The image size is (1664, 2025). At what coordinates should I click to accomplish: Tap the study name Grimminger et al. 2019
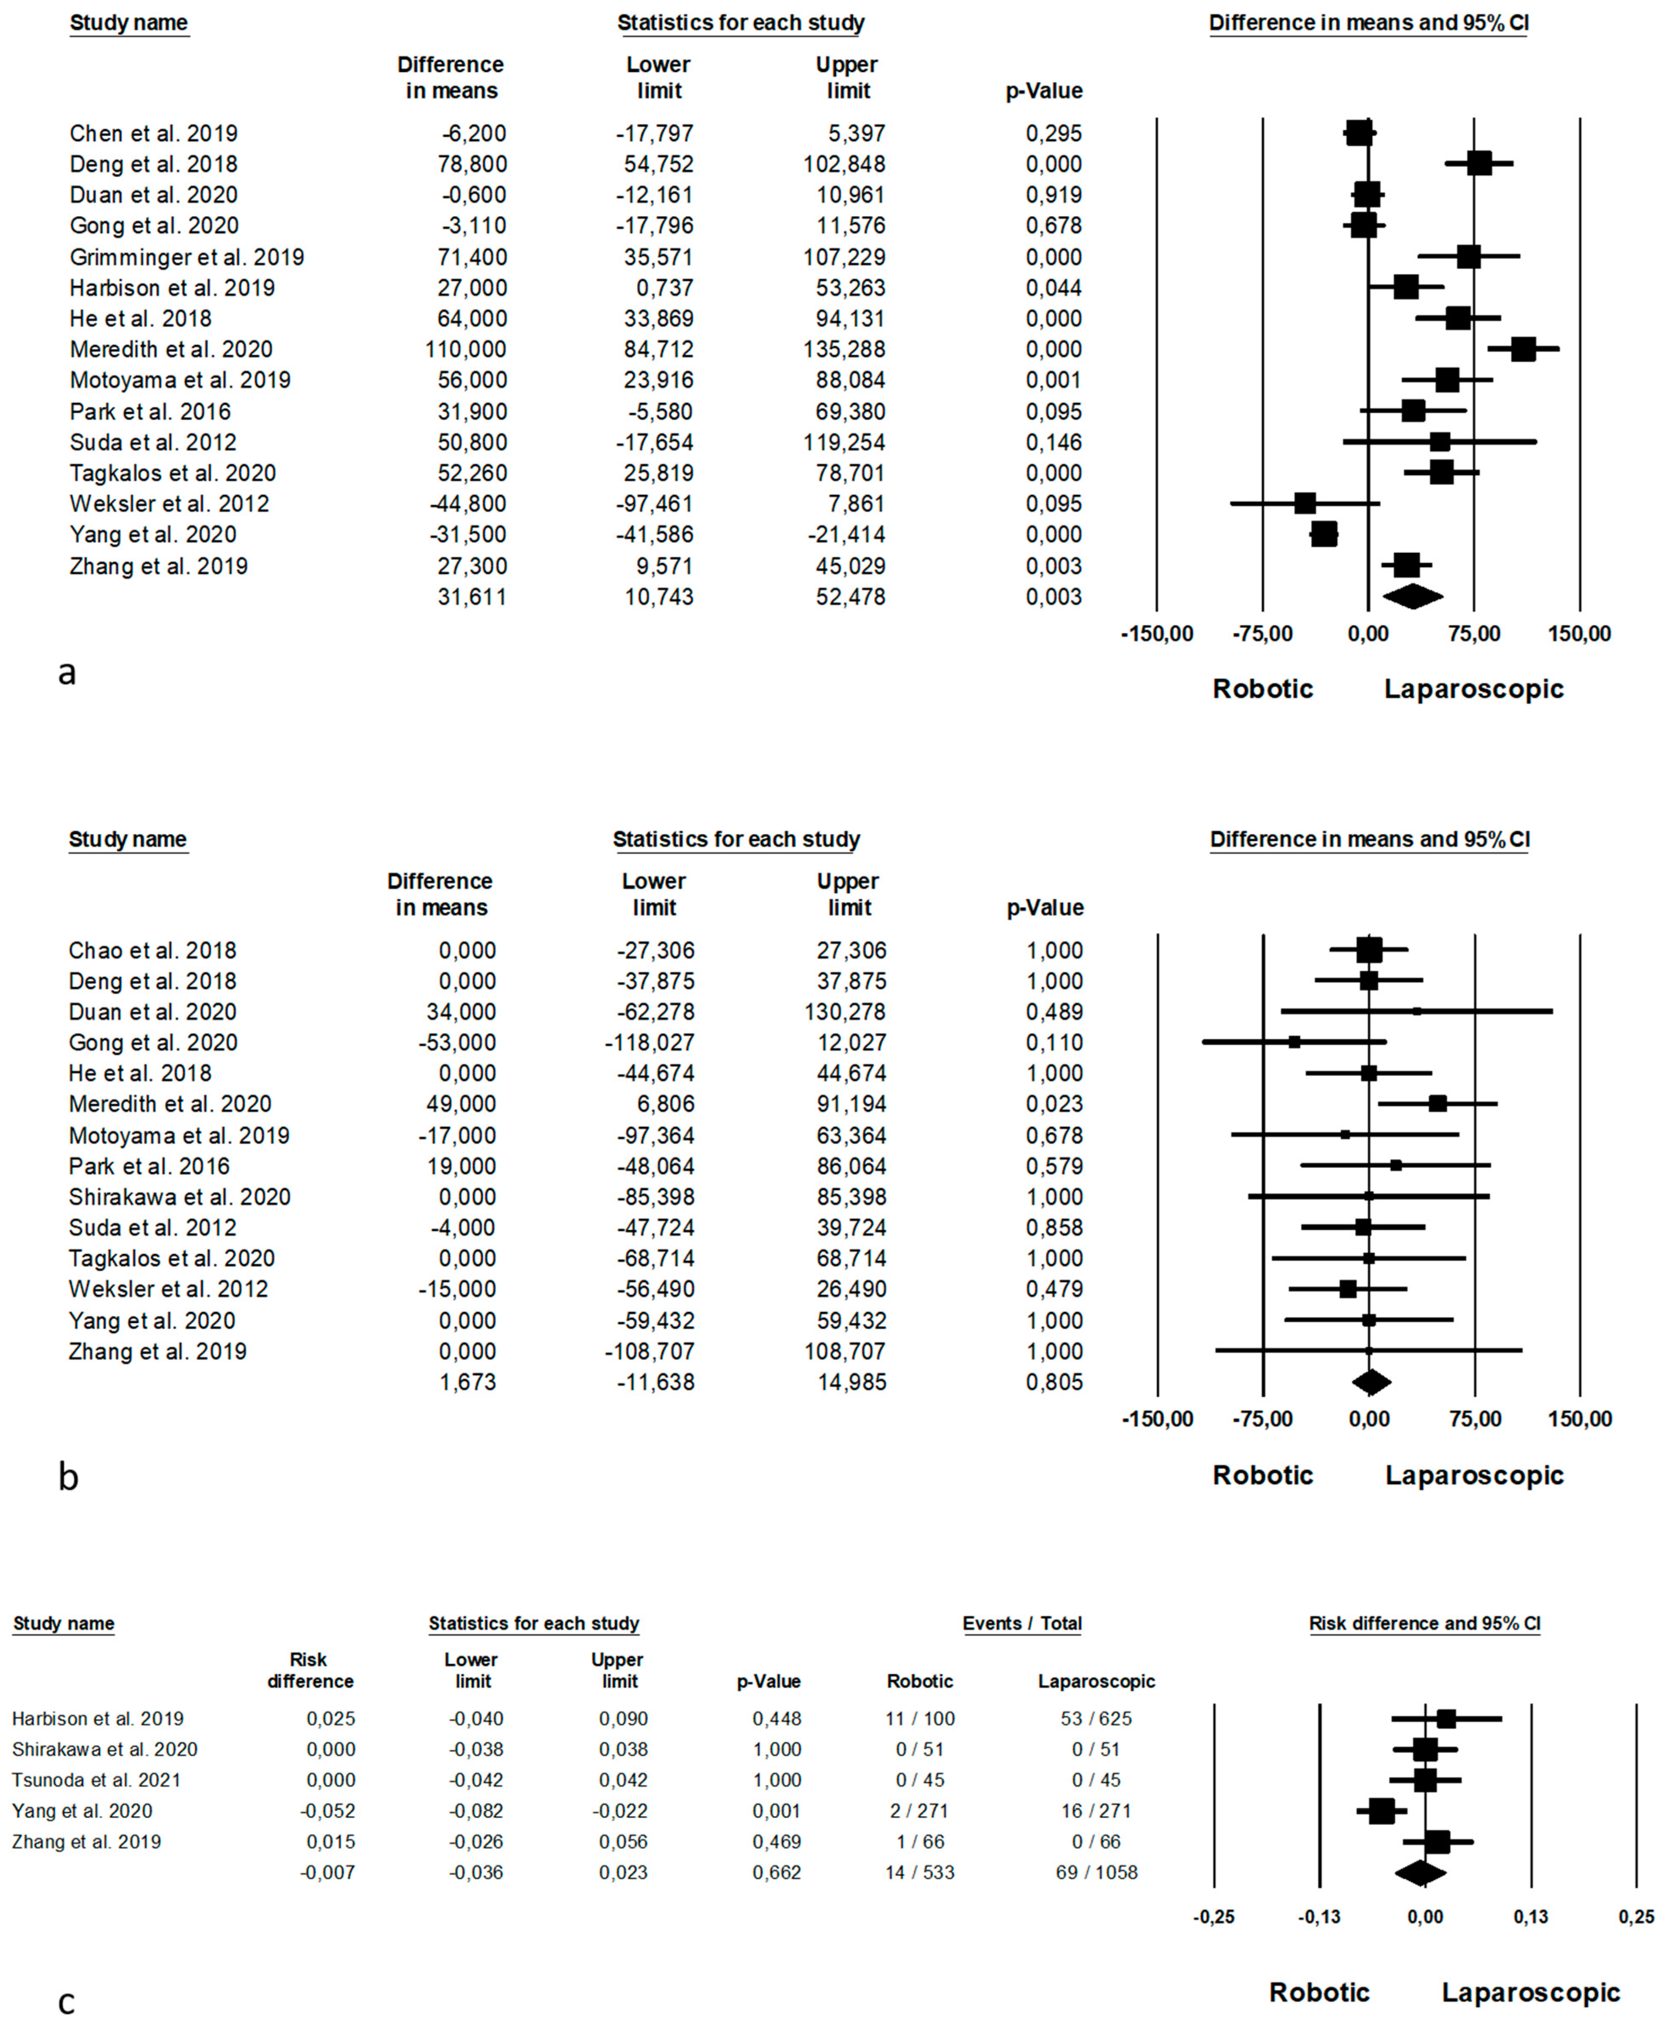coord(187,257)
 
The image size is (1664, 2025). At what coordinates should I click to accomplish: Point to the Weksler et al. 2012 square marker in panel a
coord(1305,503)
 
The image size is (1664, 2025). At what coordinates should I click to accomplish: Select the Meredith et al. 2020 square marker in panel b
coord(1437,1104)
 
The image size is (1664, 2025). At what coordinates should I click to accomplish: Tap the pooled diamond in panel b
coord(1371,1381)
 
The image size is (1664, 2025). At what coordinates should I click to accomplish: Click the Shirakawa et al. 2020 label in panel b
coord(179,1197)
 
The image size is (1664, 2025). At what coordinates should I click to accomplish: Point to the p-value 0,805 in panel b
coord(1054,1381)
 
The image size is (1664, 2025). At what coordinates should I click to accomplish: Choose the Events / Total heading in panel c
coord(1022,1623)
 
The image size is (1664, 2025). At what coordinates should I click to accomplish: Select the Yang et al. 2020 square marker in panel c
coord(1381,1810)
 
